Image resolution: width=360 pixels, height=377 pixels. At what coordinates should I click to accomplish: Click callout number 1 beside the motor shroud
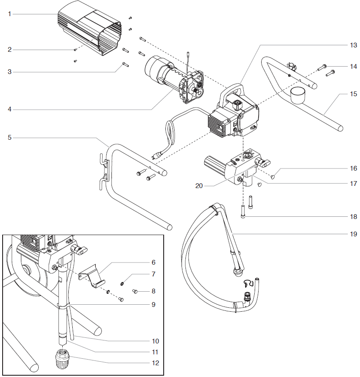click(x=9, y=14)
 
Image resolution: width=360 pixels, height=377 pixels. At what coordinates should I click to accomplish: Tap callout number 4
click(x=9, y=109)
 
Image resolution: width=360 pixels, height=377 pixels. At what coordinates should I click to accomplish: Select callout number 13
click(x=353, y=45)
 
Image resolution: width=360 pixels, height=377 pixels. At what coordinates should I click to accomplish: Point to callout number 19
click(x=353, y=234)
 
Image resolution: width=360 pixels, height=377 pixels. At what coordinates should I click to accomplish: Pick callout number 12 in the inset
click(x=155, y=363)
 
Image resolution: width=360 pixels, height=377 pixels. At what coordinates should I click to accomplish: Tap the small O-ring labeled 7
click(x=124, y=283)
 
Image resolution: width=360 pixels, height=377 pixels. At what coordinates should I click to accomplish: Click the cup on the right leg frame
click(x=298, y=94)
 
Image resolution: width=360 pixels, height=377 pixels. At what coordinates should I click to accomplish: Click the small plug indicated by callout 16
click(x=274, y=177)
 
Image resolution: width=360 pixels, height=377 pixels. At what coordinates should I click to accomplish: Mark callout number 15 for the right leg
click(x=353, y=94)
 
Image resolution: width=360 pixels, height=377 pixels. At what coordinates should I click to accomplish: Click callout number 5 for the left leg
click(x=9, y=138)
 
